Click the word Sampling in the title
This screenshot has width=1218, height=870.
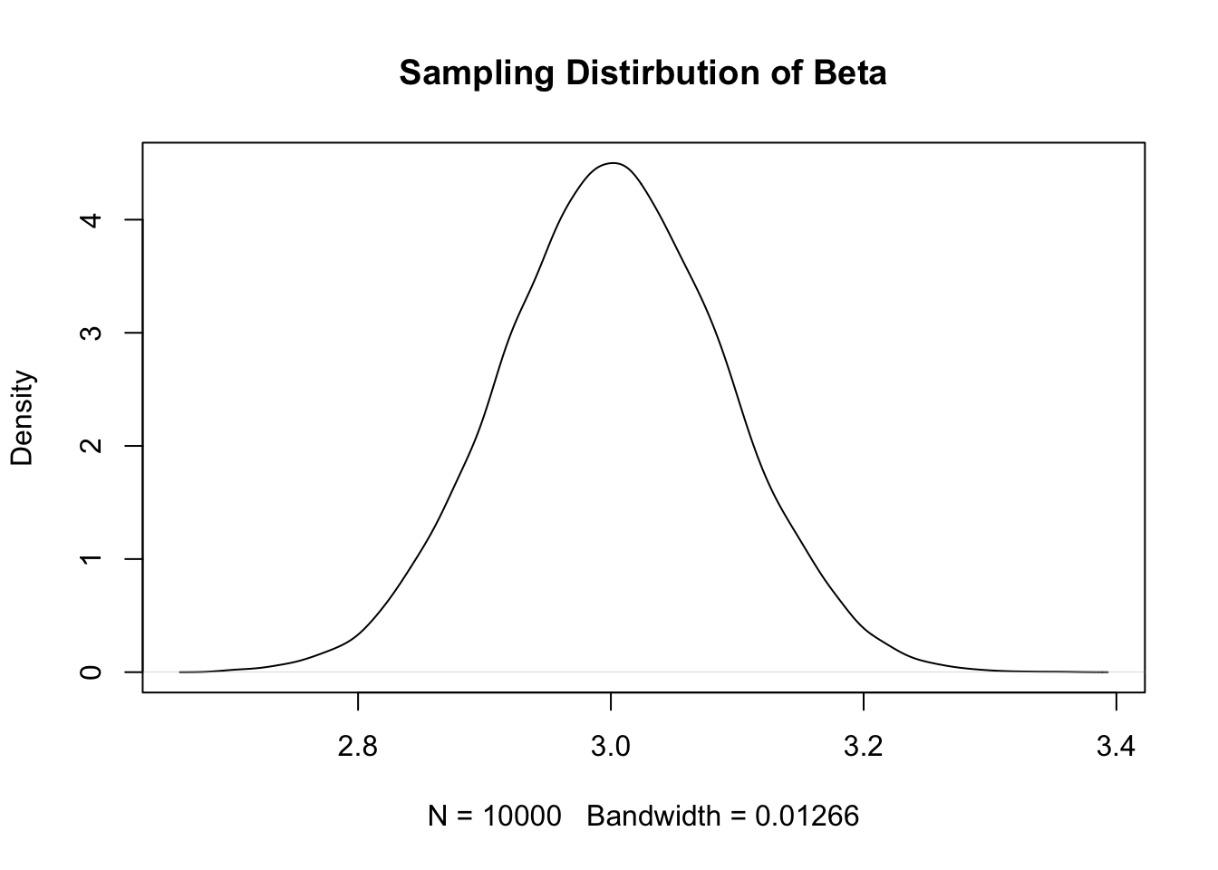pos(478,73)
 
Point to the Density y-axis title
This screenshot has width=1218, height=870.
pos(22,418)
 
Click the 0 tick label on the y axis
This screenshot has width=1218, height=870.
pos(92,672)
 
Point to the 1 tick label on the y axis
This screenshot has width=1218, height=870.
pos(92,559)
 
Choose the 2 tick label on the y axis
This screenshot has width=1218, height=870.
pos(92,446)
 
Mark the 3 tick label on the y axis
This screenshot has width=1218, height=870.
pos(92,333)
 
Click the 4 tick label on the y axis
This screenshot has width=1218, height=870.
pos(92,219)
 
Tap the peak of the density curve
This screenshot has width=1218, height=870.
pos(614,163)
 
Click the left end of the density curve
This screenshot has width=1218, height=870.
pos(180,672)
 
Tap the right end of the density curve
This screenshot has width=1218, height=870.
pos(1107,672)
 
